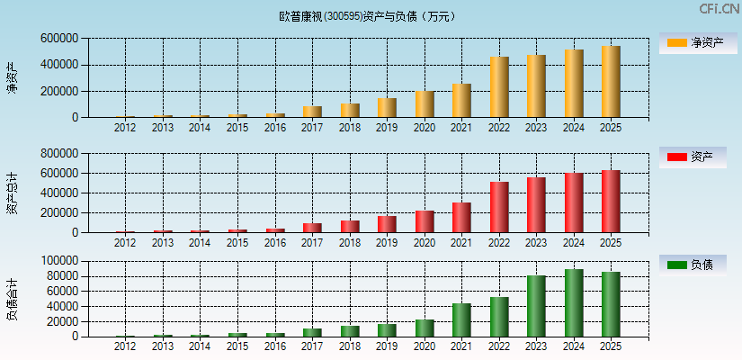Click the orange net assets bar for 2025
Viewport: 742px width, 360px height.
point(612,82)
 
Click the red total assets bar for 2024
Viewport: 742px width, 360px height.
point(574,202)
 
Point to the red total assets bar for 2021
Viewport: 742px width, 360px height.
point(461,218)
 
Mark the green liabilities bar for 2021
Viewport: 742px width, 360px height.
point(461,320)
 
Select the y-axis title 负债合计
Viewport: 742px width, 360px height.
point(13,299)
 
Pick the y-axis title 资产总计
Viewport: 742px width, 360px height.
point(13,193)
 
